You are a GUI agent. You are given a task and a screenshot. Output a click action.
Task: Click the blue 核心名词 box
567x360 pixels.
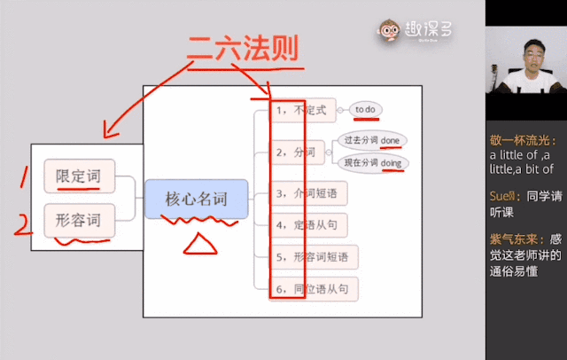click(196, 199)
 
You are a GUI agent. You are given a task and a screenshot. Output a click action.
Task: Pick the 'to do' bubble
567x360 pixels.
click(366, 109)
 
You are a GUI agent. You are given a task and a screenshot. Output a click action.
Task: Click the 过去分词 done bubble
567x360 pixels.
click(371, 141)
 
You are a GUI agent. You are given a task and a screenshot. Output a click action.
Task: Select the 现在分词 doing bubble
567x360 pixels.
click(371, 163)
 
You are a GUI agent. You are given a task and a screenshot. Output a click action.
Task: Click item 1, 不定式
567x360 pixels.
click(302, 110)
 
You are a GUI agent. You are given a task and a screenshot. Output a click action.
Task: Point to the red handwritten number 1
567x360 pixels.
click(24, 176)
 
